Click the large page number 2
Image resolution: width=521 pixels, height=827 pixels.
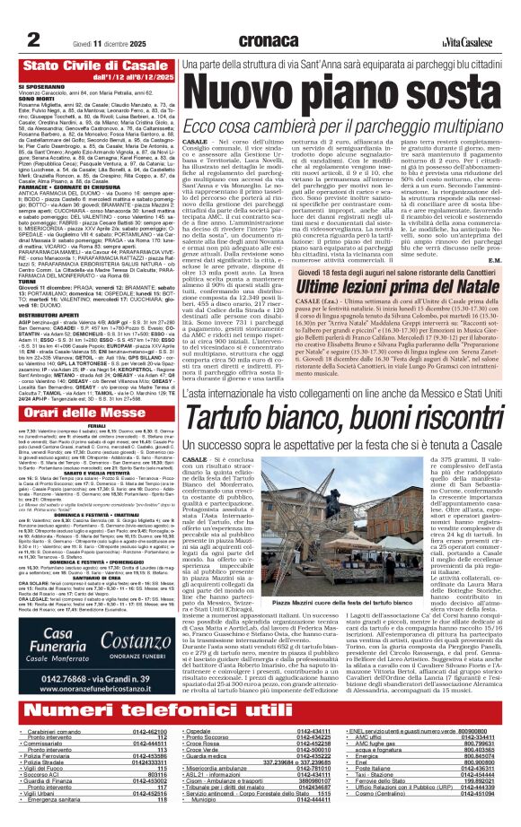[x=31, y=16]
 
